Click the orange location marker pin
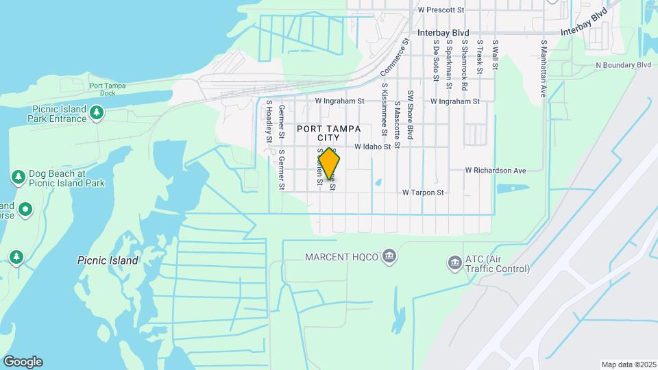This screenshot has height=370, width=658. click(x=330, y=164)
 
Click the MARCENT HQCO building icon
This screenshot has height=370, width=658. click(x=389, y=257)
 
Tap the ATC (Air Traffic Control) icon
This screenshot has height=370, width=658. click(x=454, y=262)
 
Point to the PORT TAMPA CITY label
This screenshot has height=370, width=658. click(x=328, y=133)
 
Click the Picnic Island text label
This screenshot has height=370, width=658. click(x=108, y=260)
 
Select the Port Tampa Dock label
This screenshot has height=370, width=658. click(x=102, y=90)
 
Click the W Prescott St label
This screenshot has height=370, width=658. click(x=441, y=10)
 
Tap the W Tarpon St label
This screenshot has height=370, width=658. click(x=423, y=193)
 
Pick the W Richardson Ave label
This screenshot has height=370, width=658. click(x=495, y=170)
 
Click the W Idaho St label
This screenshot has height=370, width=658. click(x=372, y=147)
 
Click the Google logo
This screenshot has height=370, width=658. click(x=23, y=362)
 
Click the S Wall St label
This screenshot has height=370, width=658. click(x=495, y=54)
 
